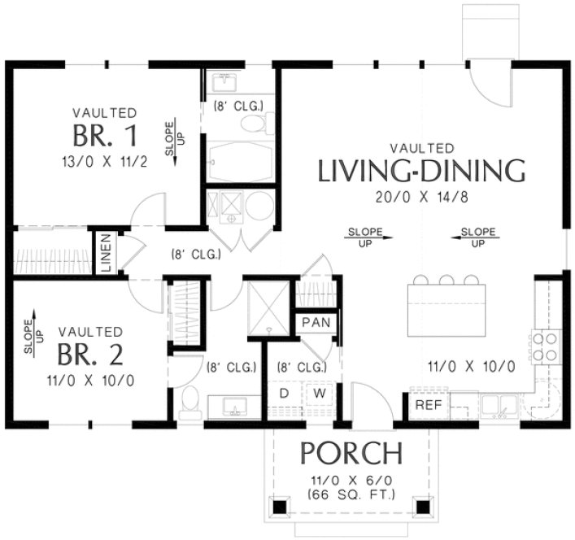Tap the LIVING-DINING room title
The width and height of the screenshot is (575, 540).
click(x=420, y=172)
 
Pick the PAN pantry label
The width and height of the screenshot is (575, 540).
click(x=315, y=323)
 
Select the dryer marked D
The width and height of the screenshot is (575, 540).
click(x=285, y=394)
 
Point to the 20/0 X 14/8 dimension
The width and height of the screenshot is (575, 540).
click(x=420, y=197)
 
